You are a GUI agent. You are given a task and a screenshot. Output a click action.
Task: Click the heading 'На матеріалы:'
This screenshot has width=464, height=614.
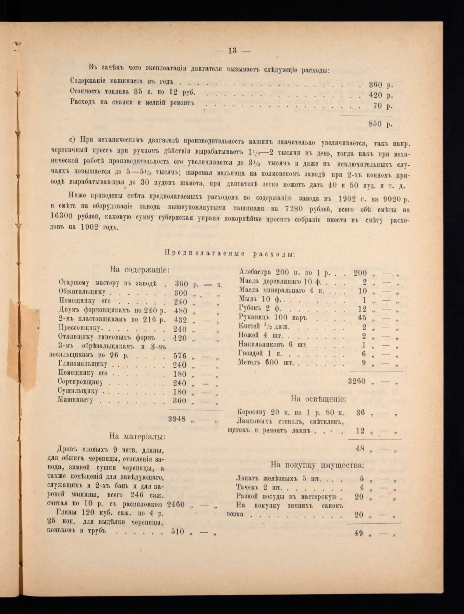point(137,436)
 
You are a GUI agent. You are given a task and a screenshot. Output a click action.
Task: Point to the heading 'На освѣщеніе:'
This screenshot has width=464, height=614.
point(318,399)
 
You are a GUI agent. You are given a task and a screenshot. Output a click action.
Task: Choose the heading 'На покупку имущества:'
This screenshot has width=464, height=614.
point(317,465)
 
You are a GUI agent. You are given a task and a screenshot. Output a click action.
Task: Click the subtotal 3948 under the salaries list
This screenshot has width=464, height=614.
point(177,419)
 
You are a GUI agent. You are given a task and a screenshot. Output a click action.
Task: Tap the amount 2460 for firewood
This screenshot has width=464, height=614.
point(176,505)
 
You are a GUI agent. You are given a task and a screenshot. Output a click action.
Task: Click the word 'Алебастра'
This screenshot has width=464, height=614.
point(255,272)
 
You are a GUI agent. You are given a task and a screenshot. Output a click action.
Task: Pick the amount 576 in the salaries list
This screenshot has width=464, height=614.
point(180,356)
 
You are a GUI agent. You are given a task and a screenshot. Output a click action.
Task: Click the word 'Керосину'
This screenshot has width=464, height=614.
point(252,412)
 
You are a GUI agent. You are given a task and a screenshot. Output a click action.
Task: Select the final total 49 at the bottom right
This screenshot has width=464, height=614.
point(359,533)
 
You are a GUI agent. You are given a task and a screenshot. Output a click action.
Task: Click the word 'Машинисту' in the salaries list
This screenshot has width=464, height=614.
point(75,400)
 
